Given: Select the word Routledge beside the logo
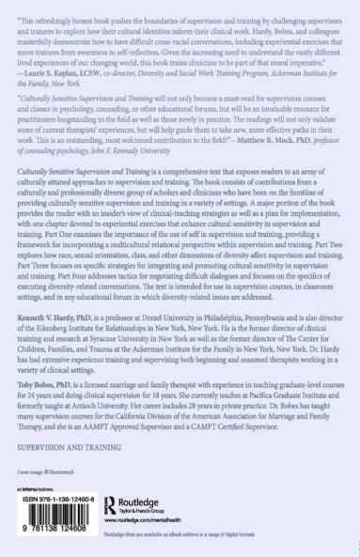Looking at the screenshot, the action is [137, 502].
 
